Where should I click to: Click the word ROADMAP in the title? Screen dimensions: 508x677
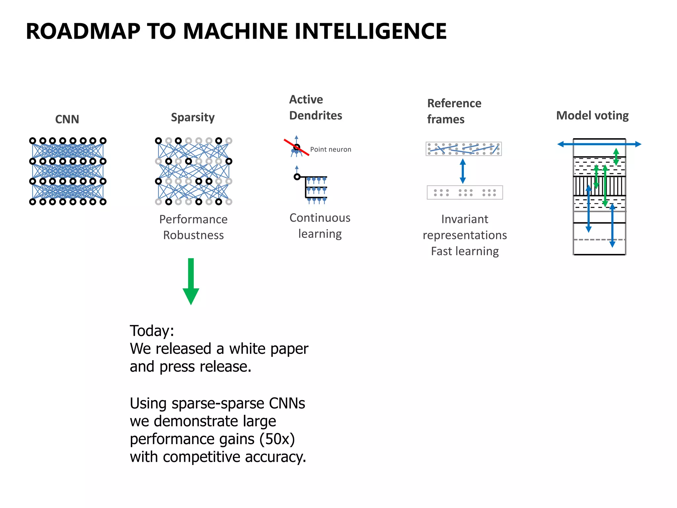[x=83, y=31]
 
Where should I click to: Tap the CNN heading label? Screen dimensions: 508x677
[x=67, y=119]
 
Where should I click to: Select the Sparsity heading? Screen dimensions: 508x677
[x=193, y=117]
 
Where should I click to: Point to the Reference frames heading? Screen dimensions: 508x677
[x=454, y=111]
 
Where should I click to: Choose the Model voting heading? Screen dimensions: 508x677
[x=592, y=115]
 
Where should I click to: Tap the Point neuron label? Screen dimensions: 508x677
[x=330, y=149]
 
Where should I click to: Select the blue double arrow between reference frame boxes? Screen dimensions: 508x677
[x=463, y=171]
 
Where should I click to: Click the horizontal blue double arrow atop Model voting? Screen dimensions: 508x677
[x=599, y=144]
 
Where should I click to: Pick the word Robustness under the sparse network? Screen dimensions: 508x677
[x=193, y=235]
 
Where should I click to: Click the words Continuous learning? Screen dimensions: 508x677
[x=320, y=226]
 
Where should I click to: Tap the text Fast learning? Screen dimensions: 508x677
[x=464, y=251]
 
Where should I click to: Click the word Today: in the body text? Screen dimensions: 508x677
[x=152, y=331]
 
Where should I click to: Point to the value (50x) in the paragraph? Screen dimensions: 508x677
[x=277, y=439]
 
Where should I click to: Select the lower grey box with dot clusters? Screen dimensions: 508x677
[x=464, y=192]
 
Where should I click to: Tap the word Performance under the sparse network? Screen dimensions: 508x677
[x=193, y=219]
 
